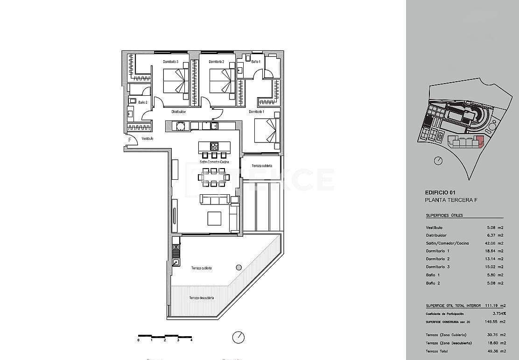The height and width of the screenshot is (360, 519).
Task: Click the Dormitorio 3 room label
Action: [171, 62]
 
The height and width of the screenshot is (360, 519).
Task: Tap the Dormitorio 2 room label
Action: [217, 62]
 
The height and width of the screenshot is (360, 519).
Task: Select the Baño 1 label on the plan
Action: [255, 62]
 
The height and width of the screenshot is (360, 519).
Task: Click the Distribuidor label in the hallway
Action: [179, 112]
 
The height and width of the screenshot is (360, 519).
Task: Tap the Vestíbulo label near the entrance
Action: [147, 139]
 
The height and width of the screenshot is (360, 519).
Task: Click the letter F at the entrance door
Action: [130, 140]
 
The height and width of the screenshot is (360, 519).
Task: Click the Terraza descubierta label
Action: [202, 298]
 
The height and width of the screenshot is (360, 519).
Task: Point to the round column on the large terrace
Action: [239, 268]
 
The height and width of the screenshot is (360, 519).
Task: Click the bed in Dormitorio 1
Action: [267, 130]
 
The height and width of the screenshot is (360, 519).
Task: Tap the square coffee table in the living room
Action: [215, 219]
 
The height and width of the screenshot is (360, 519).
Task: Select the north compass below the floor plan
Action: [238, 337]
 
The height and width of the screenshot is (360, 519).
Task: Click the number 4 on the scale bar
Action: [191, 340]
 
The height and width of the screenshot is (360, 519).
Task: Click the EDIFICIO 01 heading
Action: [440, 192]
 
